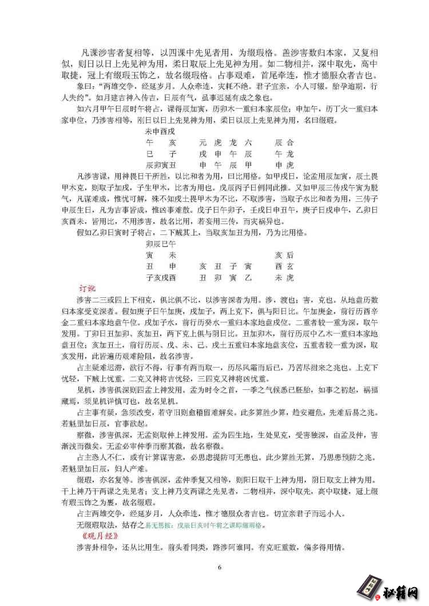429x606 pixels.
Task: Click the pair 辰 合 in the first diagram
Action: pyautogui.click(x=284, y=142)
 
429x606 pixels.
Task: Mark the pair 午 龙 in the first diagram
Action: pyautogui.click(x=284, y=153)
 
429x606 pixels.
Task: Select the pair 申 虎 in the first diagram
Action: pyautogui.click(x=284, y=165)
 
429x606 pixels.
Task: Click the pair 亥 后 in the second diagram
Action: pyautogui.click(x=284, y=255)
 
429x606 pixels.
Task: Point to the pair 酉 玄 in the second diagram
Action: pyautogui.click(x=284, y=266)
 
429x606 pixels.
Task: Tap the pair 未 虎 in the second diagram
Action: pyautogui.click(x=284, y=278)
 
